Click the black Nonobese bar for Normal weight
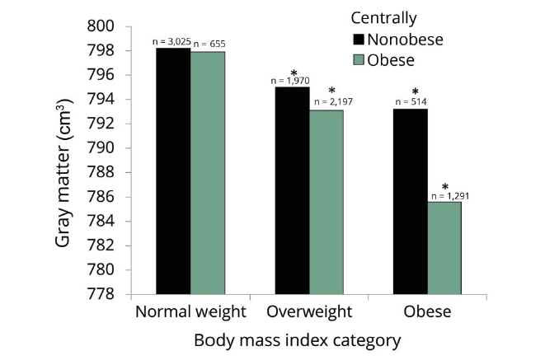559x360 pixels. (x=173, y=171)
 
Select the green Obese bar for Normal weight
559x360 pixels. (x=208, y=173)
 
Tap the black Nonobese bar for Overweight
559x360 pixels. (x=293, y=190)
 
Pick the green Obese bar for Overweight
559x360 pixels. (x=326, y=203)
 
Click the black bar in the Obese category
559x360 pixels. (x=411, y=202)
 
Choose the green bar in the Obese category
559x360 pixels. (x=444, y=248)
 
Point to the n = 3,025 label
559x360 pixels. (x=171, y=42)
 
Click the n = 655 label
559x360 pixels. (x=209, y=44)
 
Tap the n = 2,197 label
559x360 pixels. (x=333, y=102)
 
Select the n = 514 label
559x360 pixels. (x=411, y=102)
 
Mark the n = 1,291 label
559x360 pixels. (x=450, y=196)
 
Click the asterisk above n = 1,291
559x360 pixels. (x=445, y=187)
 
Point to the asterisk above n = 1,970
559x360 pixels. (x=294, y=73)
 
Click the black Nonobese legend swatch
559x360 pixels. (x=359, y=40)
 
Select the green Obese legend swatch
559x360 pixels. (x=359, y=60)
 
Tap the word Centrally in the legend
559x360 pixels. (x=383, y=18)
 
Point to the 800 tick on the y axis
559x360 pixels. (x=101, y=26)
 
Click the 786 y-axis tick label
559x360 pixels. (x=101, y=197)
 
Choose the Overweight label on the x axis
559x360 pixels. (x=309, y=312)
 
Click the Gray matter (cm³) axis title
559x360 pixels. (x=64, y=173)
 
